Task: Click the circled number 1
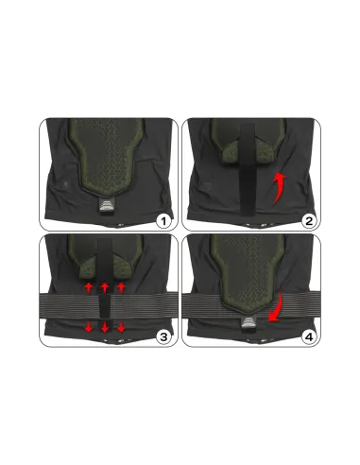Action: [x=163, y=221]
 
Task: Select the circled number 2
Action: [x=309, y=221]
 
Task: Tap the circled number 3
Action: [x=163, y=337]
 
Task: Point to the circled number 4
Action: [x=309, y=337]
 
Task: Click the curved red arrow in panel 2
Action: [x=279, y=188]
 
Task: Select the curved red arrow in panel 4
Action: [x=275, y=307]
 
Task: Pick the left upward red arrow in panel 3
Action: [x=89, y=287]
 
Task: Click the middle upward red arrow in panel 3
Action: [x=105, y=287]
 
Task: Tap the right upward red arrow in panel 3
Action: [x=121, y=287]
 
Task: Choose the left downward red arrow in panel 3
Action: [x=89, y=328]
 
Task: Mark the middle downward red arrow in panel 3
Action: [x=105, y=328]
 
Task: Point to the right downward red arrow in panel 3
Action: [x=121, y=328]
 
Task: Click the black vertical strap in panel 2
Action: [x=247, y=169]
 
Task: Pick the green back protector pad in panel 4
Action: [x=249, y=272]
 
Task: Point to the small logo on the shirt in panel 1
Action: [x=65, y=182]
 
